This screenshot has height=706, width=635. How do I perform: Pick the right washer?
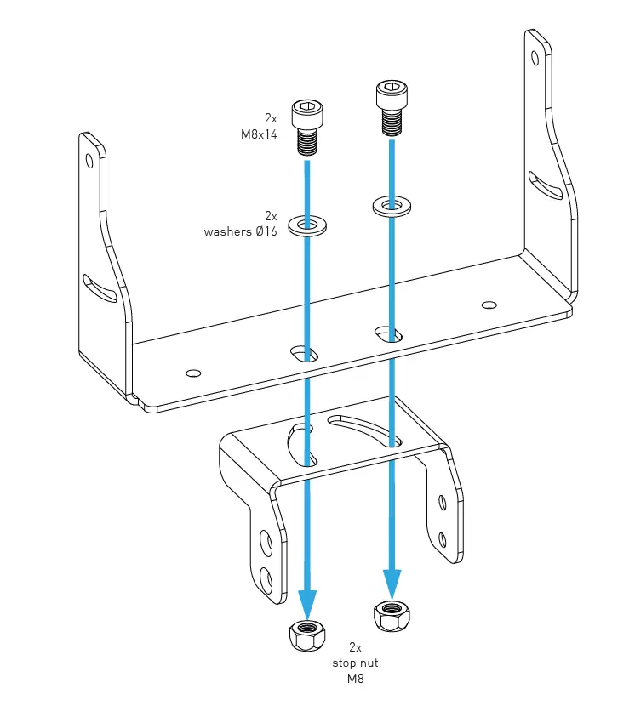click(392, 205)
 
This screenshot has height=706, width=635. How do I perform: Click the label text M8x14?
click(259, 134)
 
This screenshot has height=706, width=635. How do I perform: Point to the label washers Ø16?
click(240, 231)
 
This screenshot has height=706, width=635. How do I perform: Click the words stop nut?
click(355, 663)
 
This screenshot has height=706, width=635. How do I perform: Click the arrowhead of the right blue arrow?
click(392, 584)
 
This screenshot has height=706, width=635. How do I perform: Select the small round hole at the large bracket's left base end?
click(193, 372)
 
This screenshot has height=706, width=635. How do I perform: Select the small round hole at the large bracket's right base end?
click(489, 305)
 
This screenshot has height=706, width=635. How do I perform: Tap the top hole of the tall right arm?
click(535, 58)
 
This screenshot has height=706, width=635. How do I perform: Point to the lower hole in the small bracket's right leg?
click(443, 538)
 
